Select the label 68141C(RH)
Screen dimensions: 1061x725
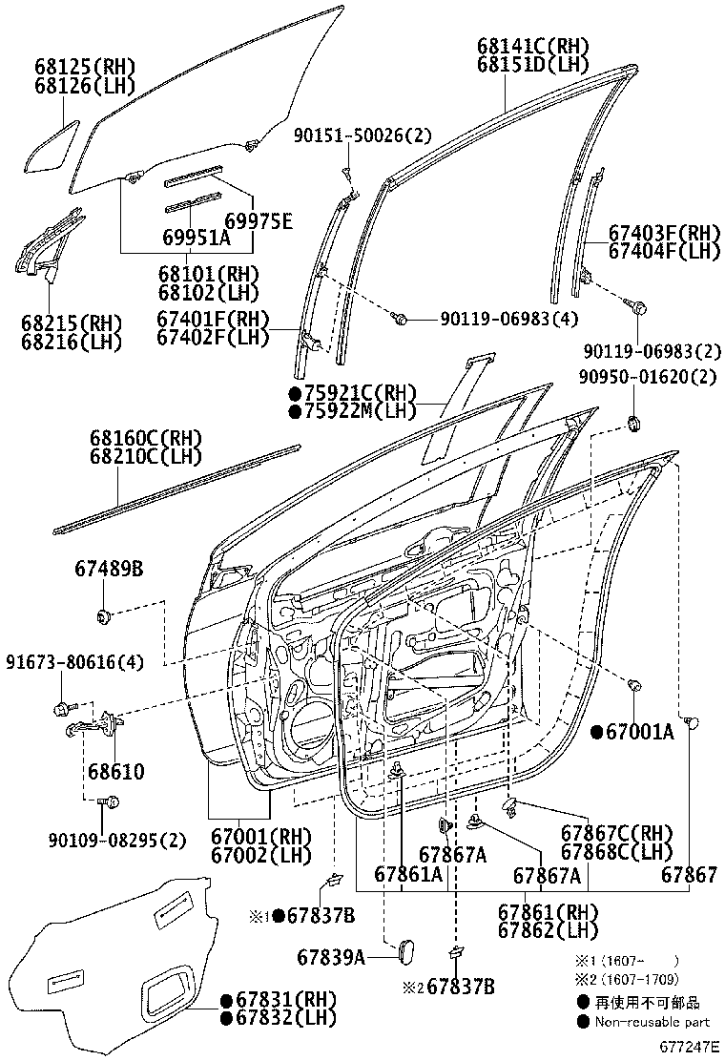532,46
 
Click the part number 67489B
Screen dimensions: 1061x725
109,570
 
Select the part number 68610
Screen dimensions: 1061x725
116,771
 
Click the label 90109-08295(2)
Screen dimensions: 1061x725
116,840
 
